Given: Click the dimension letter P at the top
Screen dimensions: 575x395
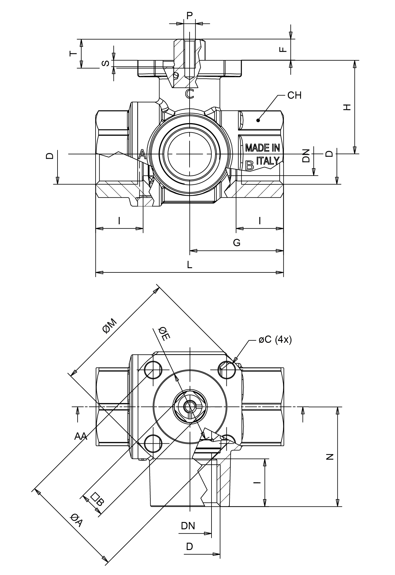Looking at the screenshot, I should pos(190,16).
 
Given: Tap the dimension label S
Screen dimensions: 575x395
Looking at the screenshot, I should pos(105,64).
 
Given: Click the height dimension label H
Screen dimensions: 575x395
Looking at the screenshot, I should pos(347,107).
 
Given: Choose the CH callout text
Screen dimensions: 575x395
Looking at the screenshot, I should pos(294,95).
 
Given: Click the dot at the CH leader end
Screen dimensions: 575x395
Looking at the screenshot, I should pos(258,120).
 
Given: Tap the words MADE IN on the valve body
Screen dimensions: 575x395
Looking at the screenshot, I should pos(262,148).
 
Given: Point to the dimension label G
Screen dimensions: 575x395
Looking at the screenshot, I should pos(236,243).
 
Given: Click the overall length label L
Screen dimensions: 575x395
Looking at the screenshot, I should pos(189,264).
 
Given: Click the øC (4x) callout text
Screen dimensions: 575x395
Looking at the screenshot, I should pos(275,340).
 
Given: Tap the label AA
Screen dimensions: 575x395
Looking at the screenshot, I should pos(81,437).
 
